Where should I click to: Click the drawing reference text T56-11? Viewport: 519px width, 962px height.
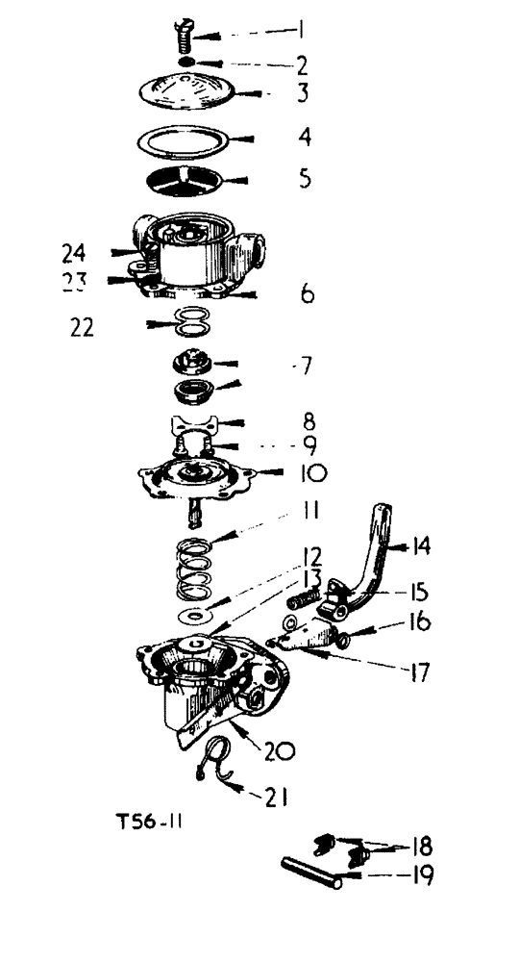pyautogui.click(x=156, y=823)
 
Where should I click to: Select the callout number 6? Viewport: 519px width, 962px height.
pyautogui.click(x=308, y=294)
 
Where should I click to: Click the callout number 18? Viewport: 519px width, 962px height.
pyautogui.click(x=419, y=847)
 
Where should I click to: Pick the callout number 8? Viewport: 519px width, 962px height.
pyautogui.click(x=309, y=421)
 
